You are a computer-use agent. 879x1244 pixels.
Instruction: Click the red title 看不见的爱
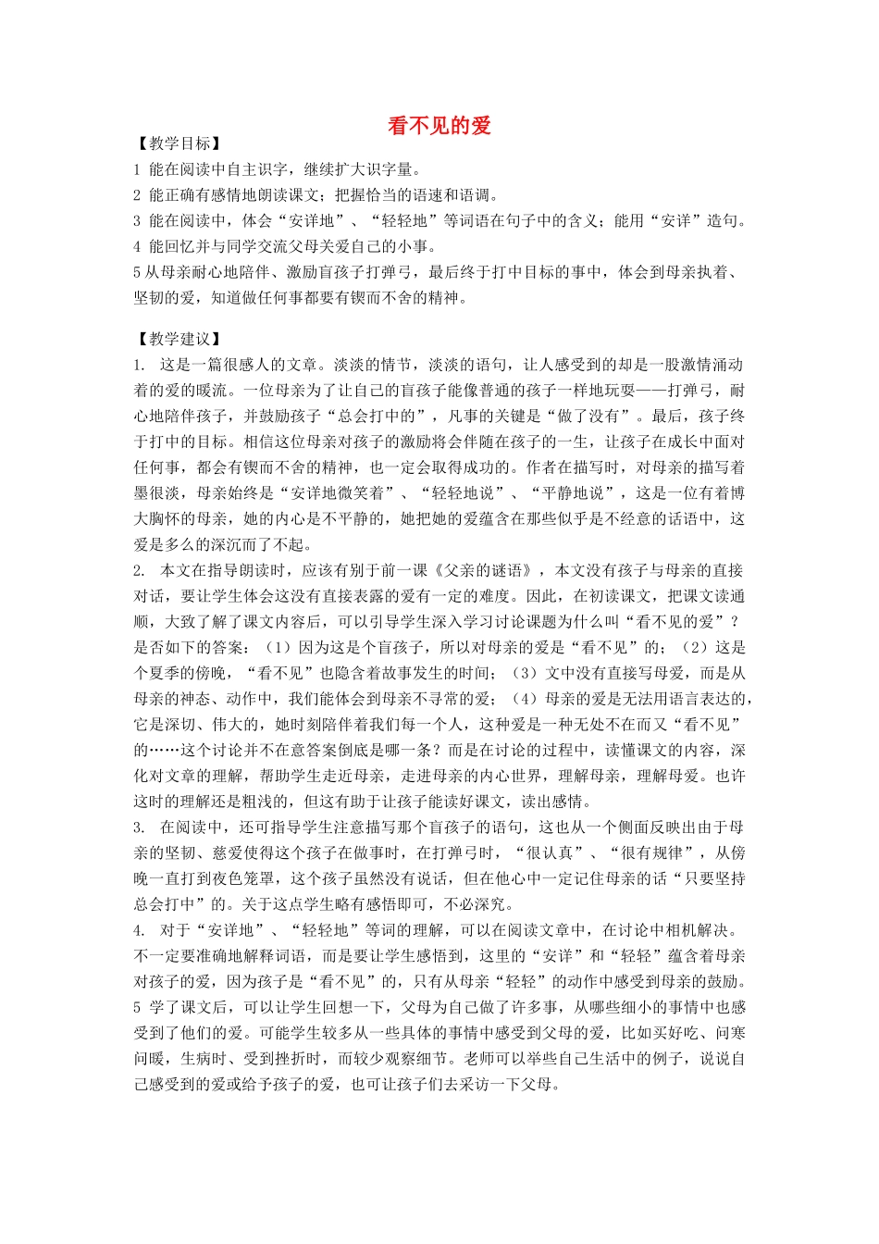pos(439,126)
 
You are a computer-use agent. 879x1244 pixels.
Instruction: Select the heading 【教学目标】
pos(179,143)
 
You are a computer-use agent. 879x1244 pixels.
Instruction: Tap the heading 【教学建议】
pos(179,339)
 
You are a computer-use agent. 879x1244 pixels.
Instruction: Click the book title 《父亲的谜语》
pos(482,570)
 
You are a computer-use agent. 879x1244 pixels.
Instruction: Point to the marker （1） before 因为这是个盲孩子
pos(279,647)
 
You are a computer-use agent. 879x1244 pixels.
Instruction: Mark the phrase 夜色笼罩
pos(244,878)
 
